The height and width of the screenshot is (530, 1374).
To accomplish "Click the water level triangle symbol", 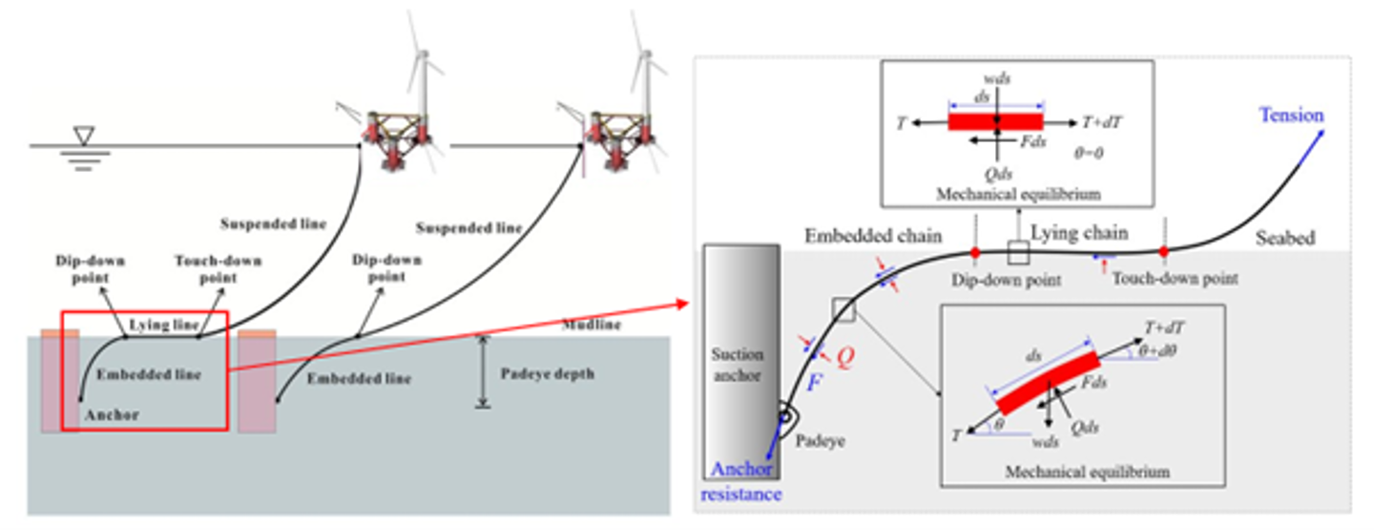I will point(84,138).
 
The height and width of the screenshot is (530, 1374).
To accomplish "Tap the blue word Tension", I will point(1291,115).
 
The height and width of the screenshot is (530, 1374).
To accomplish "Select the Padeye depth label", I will point(547,373).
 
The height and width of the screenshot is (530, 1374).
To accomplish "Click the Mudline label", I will point(592,325).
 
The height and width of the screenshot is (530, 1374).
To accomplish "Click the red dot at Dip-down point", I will point(974,252).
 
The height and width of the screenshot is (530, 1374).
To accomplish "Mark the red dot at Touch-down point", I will point(1164,251).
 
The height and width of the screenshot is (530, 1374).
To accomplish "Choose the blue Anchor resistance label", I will point(741,482).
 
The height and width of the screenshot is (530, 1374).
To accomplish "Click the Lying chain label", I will point(1079,233).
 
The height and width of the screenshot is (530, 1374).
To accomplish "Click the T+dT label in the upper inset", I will point(1105,122).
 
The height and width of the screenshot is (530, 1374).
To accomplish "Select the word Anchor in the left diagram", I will point(111,414).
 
